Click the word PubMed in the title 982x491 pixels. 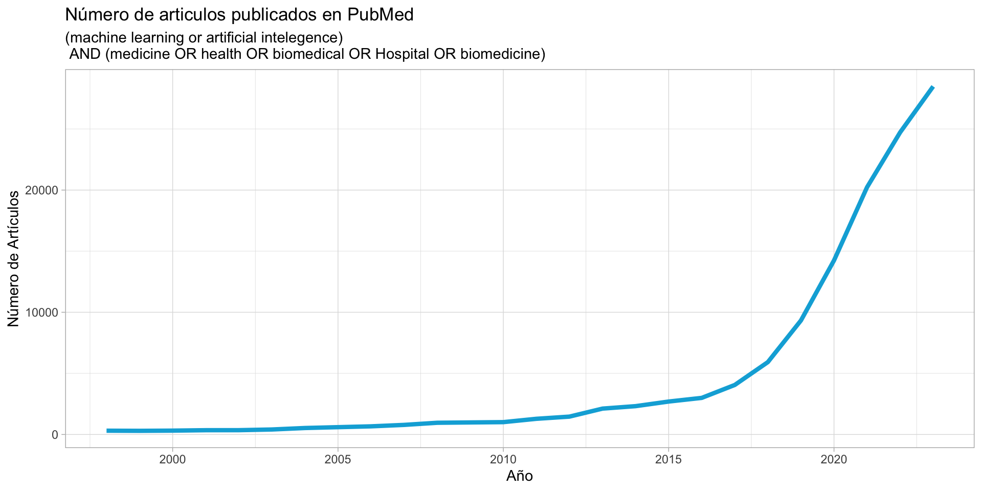[381, 15]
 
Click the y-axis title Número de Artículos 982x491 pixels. [14, 258]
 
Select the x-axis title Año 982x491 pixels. [520, 476]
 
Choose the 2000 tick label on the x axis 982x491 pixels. [173, 460]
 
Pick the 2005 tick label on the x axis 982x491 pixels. [338, 460]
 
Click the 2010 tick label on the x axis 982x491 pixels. [503, 460]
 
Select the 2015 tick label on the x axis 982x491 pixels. [668, 460]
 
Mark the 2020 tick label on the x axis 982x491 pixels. [834, 460]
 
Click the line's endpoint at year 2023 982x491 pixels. [933, 87]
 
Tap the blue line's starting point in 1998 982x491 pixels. [107, 431]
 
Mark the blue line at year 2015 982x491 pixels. [668, 401]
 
